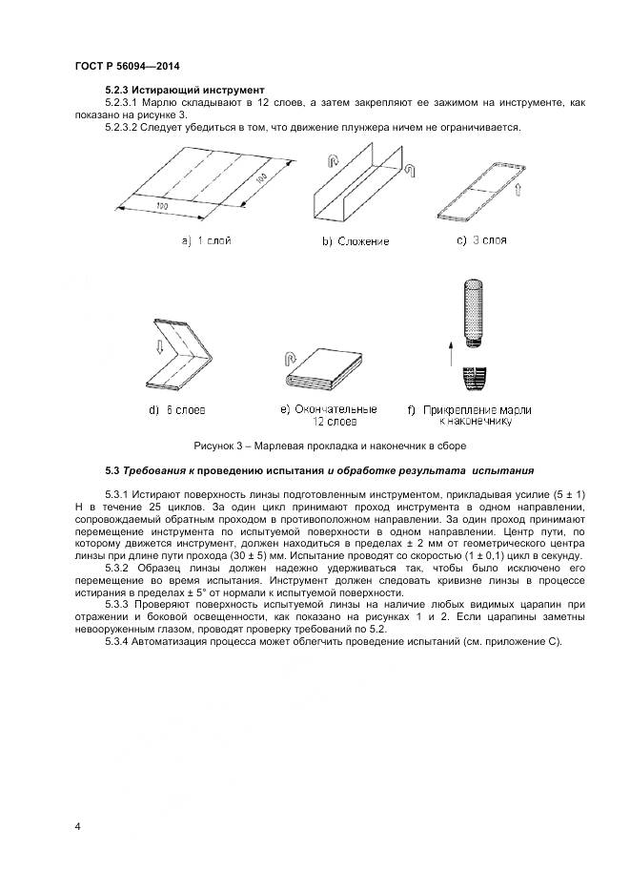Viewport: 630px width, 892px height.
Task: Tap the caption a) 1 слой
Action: [212, 240]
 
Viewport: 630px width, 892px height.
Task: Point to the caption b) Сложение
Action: [355, 241]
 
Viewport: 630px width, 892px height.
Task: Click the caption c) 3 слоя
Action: [481, 239]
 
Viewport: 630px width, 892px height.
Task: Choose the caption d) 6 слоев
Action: [177, 410]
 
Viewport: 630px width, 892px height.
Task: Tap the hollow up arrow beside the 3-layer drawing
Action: [518, 195]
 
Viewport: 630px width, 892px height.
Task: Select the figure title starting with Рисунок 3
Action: [329, 445]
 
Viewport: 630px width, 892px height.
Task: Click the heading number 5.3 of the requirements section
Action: [111, 470]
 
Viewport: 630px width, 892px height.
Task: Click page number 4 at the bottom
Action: [77, 826]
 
